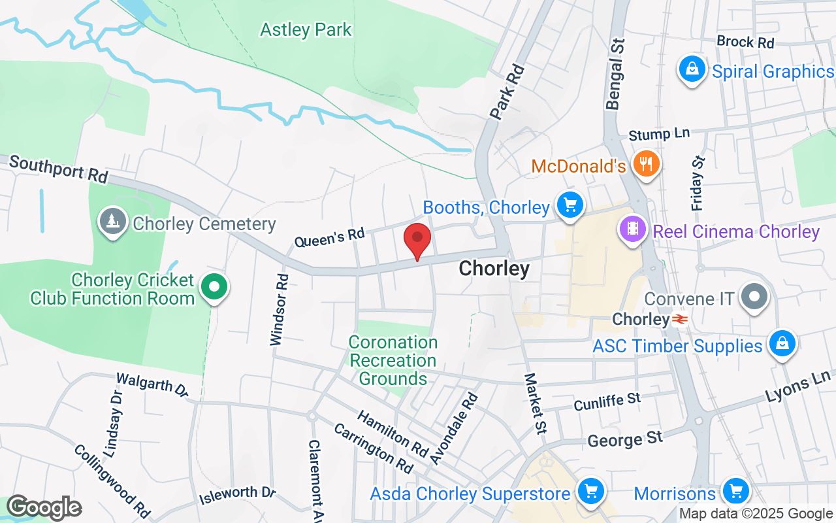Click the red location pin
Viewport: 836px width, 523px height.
(417, 240)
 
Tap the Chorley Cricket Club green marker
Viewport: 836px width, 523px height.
(214, 286)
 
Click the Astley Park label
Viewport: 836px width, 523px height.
(306, 30)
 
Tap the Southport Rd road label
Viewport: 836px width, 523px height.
(59, 169)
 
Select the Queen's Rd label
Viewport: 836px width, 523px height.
(329, 237)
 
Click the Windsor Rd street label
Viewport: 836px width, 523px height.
(280, 309)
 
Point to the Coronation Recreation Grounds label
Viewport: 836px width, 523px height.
(393, 360)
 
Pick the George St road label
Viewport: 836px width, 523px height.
(625, 439)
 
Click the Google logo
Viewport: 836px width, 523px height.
(44, 507)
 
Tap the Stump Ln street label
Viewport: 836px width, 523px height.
(659, 135)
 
